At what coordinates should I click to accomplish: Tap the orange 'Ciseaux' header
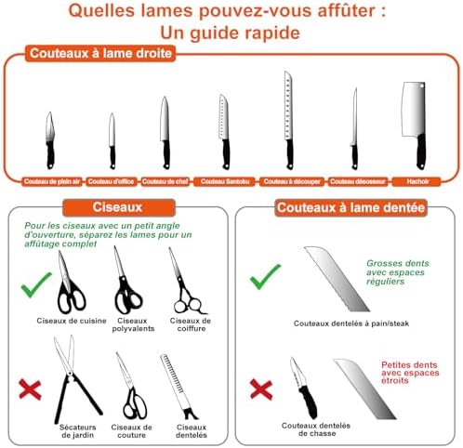(x=117, y=207)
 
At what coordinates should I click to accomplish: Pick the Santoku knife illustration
(x=224, y=130)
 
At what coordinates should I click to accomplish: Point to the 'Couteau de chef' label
(x=164, y=180)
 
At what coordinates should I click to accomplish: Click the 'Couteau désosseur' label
(x=354, y=180)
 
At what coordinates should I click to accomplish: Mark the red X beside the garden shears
(x=30, y=389)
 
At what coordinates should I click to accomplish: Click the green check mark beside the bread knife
(x=267, y=275)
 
